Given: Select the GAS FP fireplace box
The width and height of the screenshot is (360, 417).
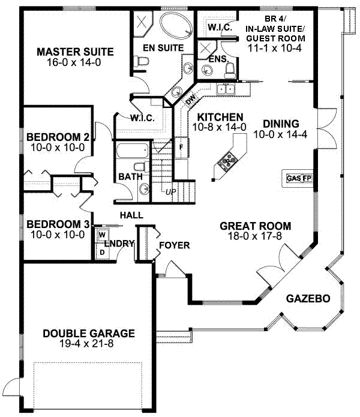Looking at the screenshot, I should click(x=299, y=178).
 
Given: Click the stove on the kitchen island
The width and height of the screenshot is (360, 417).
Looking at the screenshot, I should click(x=229, y=161).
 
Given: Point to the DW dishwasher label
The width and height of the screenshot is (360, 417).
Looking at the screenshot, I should click(x=190, y=101).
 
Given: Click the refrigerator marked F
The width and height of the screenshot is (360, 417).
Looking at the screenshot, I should click(x=181, y=146).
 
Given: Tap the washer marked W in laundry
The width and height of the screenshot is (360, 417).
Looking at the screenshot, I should click(x=103, y=234).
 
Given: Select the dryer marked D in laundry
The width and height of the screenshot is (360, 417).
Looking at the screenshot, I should click(x=103, y=252).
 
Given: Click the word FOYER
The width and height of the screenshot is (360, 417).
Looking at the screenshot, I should click(x=174, y=245).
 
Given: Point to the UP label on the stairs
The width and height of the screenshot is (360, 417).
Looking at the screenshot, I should click(x=170, y=191).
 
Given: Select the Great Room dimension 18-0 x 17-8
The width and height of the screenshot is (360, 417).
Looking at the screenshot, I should click(x=255, y=236).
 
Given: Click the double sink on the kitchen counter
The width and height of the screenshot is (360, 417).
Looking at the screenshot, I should click(x=226, y=89).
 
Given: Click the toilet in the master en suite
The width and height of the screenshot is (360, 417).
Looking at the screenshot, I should click(x=142, y=61).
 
